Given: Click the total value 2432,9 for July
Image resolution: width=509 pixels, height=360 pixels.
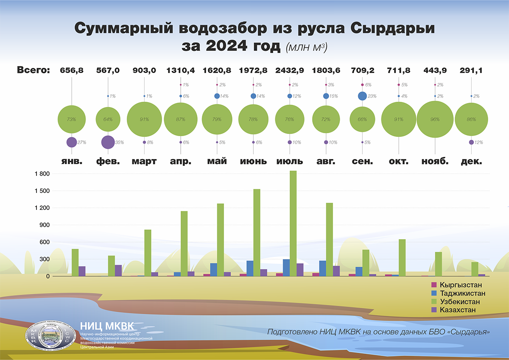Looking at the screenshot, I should [x=290, y=70].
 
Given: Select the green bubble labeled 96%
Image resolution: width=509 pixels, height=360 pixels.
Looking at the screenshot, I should [x=435, y=120].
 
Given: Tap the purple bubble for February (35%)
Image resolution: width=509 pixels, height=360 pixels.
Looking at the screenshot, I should [x=108, y=142].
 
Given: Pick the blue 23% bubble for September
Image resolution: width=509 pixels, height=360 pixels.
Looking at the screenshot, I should [x=362, y=96].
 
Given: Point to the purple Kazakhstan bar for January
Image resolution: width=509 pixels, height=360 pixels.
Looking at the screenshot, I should [x=82, y=271].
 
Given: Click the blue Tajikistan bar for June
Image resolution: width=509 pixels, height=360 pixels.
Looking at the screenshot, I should [x=250, y=268].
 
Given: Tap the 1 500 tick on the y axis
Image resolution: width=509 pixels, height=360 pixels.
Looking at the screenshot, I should [x=42, y=191].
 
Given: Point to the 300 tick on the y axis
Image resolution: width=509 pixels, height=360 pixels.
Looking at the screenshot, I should [x=44, y=259].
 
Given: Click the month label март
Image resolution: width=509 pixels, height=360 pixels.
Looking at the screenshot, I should [x=144, y=162].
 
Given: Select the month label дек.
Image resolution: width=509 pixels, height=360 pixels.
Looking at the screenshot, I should [x=471, y=162].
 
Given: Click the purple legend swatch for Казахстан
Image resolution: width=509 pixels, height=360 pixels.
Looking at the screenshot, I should [x=434, y=310].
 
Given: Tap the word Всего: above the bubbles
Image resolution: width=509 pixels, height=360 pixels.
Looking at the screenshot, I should [x=34, y=70].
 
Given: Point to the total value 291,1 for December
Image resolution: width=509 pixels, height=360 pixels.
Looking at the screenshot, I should [x=471, y=70].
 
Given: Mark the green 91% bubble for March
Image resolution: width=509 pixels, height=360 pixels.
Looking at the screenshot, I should [x=144, y=120].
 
